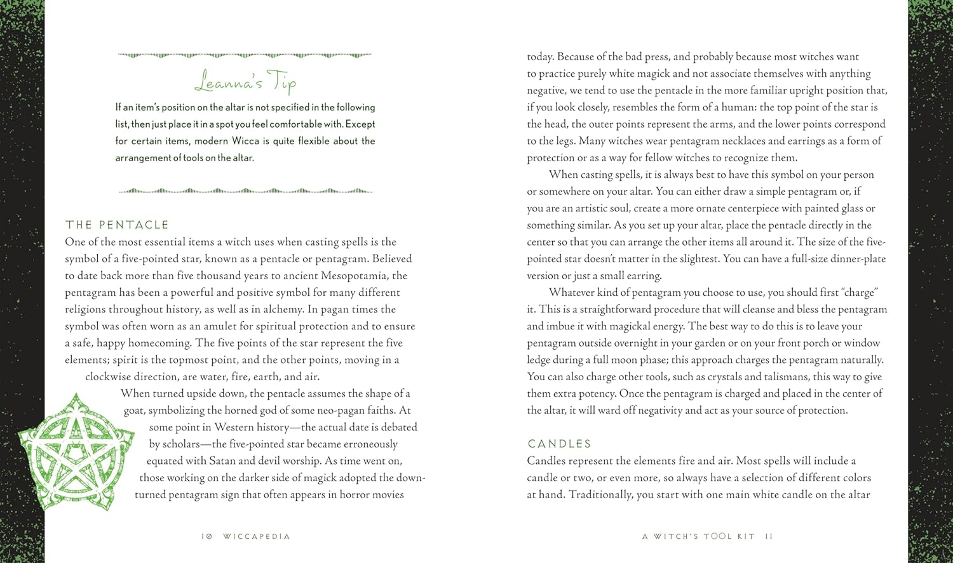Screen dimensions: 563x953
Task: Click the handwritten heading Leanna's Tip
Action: click(x=245, y=83)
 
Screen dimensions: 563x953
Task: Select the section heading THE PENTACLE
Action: click(x=117, y=225)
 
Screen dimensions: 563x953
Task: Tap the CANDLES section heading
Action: click(x=559, y=444)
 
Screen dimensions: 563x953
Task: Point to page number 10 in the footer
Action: click(x=206, y=536)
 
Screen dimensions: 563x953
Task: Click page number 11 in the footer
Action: click(x=769, y=536)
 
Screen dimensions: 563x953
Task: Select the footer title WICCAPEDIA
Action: click(x=256, y=536)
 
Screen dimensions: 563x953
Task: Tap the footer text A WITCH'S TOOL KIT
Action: click(x=698, y=536)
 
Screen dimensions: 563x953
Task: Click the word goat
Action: click(x=134, y=410)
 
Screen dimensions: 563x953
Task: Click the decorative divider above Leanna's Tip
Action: click(x=245, y=56)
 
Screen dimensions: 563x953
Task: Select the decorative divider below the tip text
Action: click(x=245, y=190)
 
